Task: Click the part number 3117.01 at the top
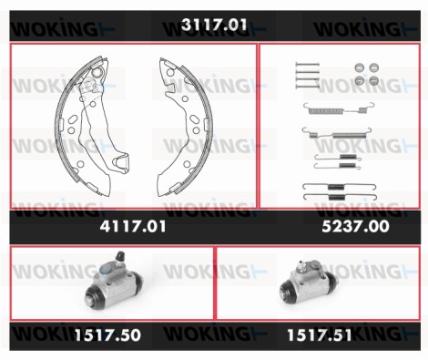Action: coord(214,25)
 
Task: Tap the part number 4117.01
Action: coord(133,226)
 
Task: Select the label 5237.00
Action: coord(355,226)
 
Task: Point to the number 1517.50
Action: coord(107,335)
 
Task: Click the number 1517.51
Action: coord(320,335)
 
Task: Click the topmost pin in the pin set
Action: coord(307,64)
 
